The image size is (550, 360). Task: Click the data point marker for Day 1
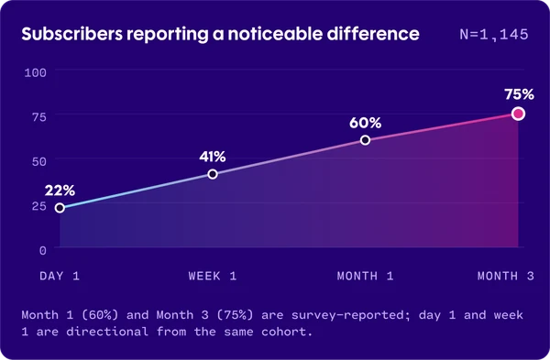[60, 208]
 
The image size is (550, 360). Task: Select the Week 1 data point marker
[213, 174]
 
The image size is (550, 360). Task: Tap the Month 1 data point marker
[365, 140]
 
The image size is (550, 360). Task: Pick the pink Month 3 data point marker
[518, 114]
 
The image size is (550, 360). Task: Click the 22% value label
[60, 191]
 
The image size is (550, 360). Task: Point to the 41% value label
[213, 157]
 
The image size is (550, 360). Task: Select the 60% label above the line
[365, 123]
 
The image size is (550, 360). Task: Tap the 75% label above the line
[519, 94]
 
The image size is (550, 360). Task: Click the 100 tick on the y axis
[36, 73]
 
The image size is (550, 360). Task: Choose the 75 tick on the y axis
[39, 117]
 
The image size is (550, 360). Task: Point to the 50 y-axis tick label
[39, 161]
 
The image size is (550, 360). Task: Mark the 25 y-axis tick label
[39, 206]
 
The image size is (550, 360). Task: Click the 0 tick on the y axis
[43, 250]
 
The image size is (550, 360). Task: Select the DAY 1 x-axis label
[60, 276]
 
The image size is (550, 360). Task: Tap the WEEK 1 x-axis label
[213, 276]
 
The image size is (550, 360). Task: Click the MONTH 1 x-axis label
[365, 276]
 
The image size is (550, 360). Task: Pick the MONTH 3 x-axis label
[506, 276]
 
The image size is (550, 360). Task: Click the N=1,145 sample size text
[494, 35]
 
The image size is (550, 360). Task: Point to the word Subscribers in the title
[72, 34]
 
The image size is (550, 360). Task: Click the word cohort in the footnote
[287, 332]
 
